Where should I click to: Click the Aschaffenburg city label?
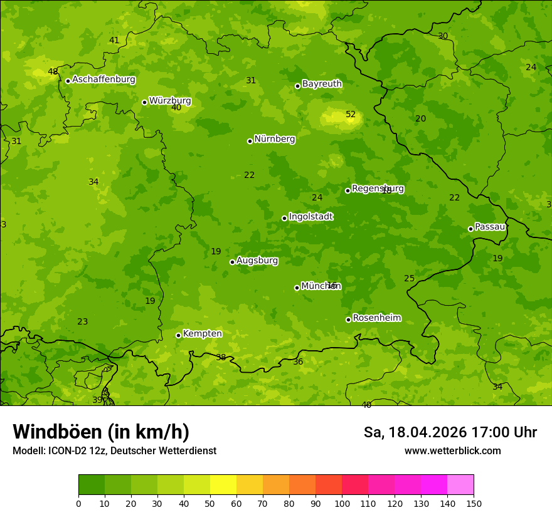tap(103, 80)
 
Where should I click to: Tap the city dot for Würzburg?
tap(144, 102)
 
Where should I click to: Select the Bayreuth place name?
tap(322, 83)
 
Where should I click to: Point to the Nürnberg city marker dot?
tap(250, 141)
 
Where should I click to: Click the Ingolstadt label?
tap(310, 216)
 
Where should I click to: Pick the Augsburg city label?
tap(257, 260)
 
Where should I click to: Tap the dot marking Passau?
tap(470, 229)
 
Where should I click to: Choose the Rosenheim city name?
tap(376, 318)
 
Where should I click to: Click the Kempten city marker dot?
tap(178, 335)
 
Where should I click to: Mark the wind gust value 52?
tap(351, 114)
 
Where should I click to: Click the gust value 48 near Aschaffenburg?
tap(53, 71)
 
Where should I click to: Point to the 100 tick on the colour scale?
tap(342, 503)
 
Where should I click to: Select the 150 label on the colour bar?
tap(474, 503)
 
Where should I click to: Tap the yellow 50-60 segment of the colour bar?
tap(223, 485)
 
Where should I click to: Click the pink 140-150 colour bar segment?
tap(460, 485)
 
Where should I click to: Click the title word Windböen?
tap(57, 432)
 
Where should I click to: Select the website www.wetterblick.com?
tap(452, 450)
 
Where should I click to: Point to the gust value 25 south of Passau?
tap(409, 278)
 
